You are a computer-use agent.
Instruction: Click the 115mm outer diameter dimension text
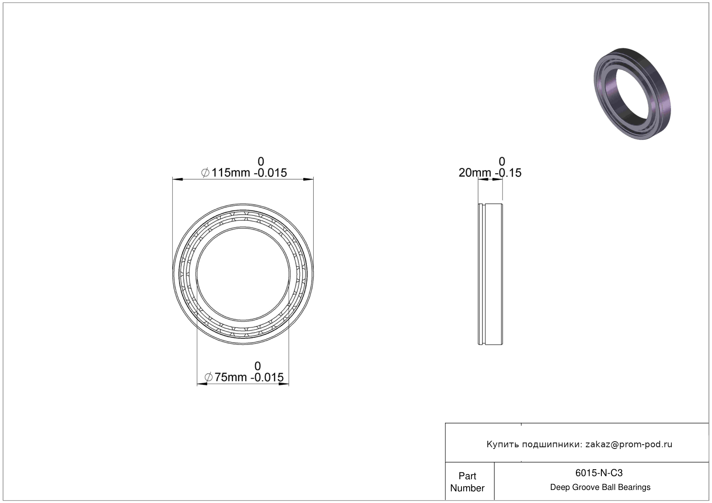click(244, 173)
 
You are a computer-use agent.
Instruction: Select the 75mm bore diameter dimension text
click(244, 377)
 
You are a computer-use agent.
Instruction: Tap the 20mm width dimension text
click(490, 173)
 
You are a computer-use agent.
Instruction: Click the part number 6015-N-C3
click(599, 473)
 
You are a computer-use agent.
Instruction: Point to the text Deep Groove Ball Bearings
click(600, 487)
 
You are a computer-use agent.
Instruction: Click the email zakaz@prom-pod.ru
click(629, 444)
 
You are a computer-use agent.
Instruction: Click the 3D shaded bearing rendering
click(632, 94)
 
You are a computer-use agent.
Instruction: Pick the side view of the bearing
click(490, 274)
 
